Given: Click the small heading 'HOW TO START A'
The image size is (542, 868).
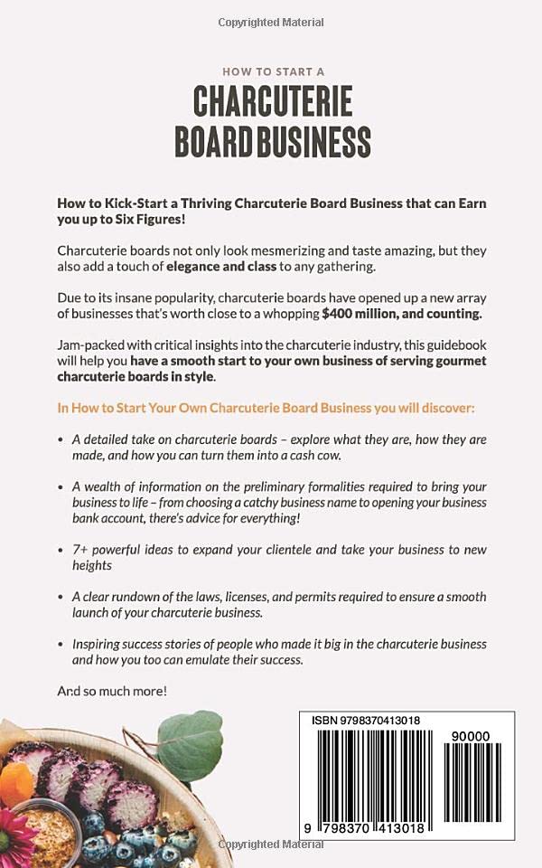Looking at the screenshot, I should pyautogui.click(x=272, y=71).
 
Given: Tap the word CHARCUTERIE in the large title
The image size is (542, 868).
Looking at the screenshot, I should pyautogui.click(x=272, y=104).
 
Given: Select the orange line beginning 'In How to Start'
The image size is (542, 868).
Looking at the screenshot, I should pyautogui.click(x=266, y=408).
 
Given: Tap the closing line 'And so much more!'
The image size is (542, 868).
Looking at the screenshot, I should pyautogui.click(x=112, y=691).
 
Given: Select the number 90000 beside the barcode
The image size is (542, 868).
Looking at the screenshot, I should pyautogui.click(x=470, y=736).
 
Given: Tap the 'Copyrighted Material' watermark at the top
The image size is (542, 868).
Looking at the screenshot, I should pyautogui.click(x=271, y=21).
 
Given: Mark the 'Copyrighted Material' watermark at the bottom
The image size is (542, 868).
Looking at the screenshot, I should pyautogui.click(x=271, y=844).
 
